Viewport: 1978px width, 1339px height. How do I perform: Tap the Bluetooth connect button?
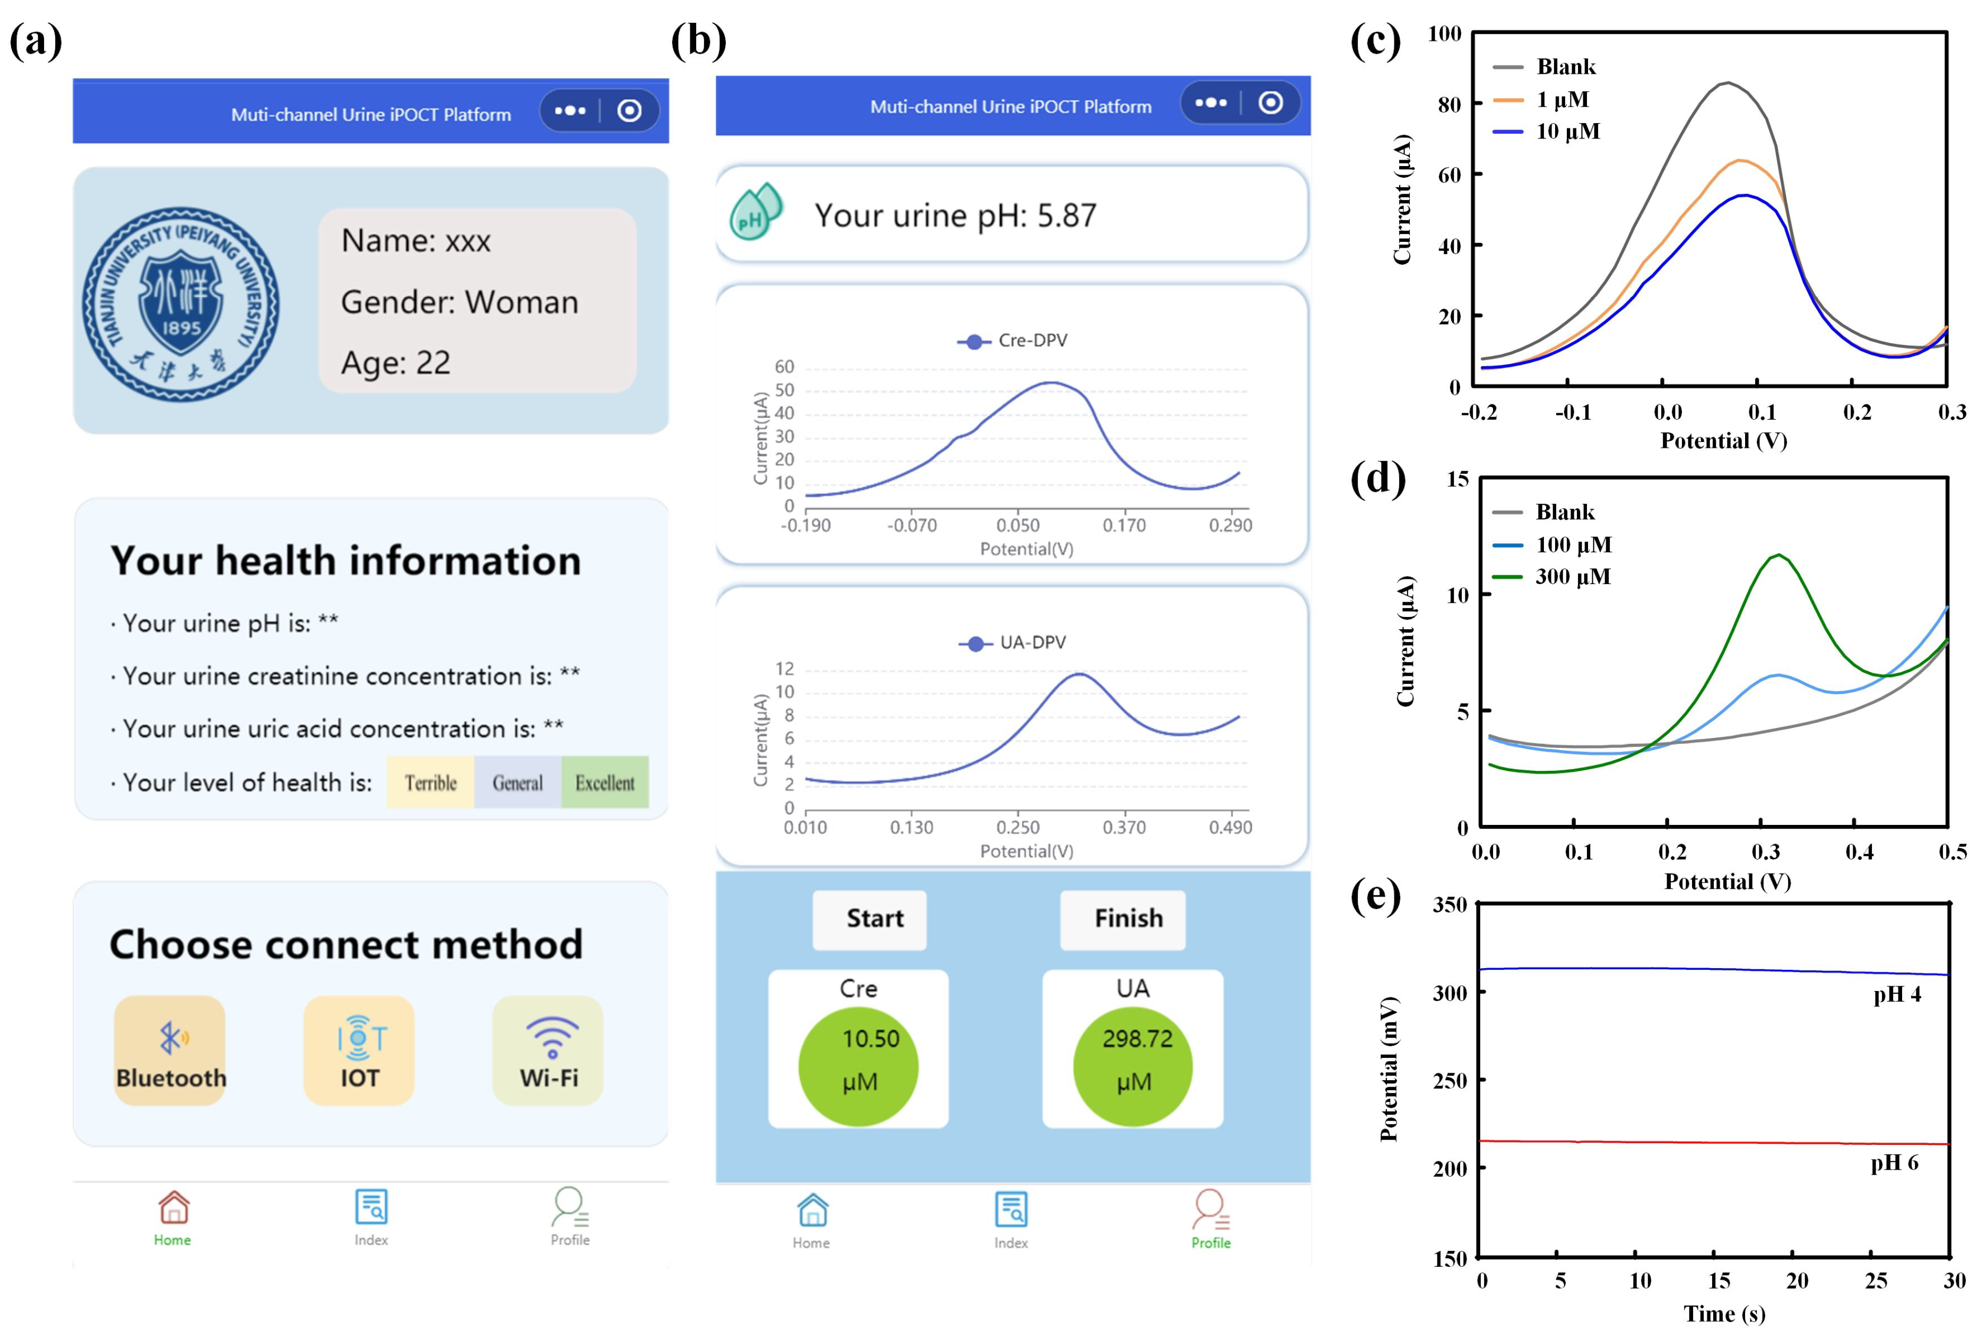click(170, 1050)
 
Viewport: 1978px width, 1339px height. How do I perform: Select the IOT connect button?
click(359, 1050)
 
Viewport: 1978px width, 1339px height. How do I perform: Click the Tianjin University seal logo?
click(180, 303)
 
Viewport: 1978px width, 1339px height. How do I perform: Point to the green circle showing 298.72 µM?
click(1133, 1066)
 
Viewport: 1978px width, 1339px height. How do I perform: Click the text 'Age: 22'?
click(396, 363)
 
